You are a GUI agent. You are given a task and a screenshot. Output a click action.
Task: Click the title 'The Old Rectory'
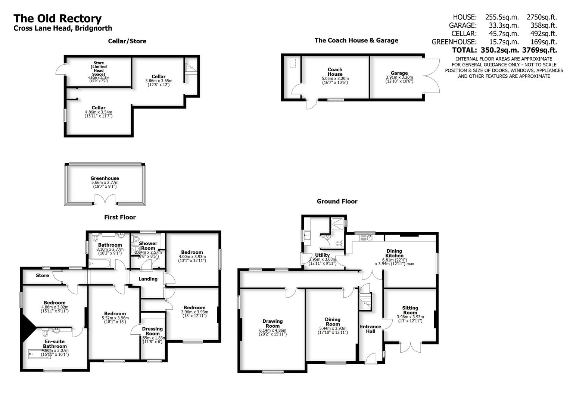coord(57,19)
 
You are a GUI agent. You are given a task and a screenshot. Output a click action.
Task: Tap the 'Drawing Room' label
coord(272,324)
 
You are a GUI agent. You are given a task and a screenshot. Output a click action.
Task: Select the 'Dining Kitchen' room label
coord(394,253)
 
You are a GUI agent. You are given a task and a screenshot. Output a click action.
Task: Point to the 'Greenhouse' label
coord(105,178)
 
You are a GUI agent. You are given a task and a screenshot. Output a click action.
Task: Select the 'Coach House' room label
coord(335,72)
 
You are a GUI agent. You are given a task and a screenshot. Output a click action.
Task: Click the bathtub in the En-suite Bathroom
coord(39,353)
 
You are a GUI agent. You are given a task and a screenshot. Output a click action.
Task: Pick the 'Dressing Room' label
coord(152,331)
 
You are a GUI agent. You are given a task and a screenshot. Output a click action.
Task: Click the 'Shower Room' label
coord(148,246)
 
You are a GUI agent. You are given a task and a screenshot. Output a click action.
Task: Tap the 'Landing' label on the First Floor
coord(148,279)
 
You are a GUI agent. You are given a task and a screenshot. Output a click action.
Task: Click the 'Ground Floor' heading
coord(337,201)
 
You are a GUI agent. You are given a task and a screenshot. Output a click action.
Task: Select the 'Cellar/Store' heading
coord(127,41)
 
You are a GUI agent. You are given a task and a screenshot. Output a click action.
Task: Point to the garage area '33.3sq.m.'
coord(502,25)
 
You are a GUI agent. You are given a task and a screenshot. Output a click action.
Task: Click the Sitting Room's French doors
coord(411,347)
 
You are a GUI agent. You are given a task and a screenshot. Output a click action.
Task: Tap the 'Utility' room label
coord(323,255)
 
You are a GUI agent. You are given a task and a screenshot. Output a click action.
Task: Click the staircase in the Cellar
coord(190,69)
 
